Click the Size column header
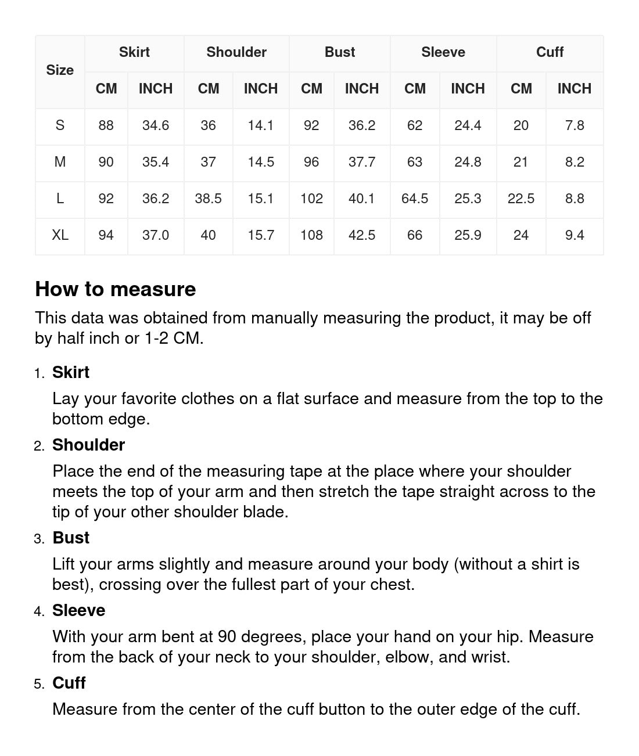click(x=60, y=70)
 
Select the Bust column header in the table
click(x=340, y=52)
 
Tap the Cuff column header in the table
click(x=550, y=52)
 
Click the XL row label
click(x=60, y=235)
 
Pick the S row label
click(x=60, y=125)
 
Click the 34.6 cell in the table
click(x=156, y=125)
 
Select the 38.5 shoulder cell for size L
click(x=208, y=199)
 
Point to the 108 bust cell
click(x=311, y=235)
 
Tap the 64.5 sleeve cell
click(x=415, y=199)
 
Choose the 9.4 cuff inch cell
click(x=575, y=235)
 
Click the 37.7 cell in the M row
click(x=361, y=162)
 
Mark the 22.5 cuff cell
click(x=521, y=199)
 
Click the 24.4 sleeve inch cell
click(x=468, y=125)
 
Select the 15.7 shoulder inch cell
click(x=261, y=235)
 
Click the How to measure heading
click(x=116, y=289)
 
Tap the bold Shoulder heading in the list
click(x=88, y=445)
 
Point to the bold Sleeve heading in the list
click(x=78, y=610)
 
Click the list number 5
click(x=38, y=684)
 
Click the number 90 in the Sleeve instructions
click(x=227, y=637)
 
